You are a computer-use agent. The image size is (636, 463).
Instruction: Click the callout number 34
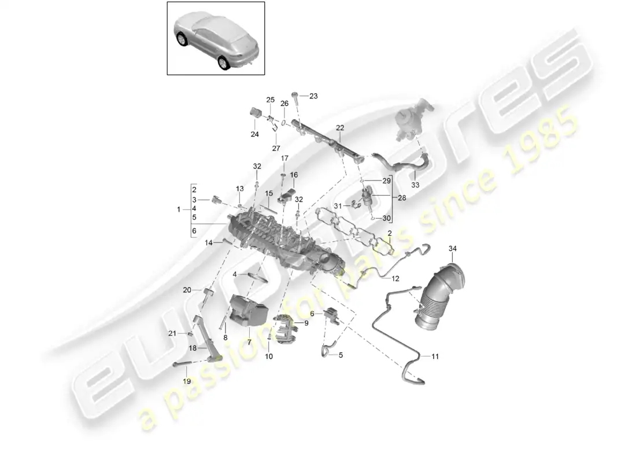[x=453, y=248]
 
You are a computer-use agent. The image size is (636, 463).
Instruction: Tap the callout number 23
[x=313, y=96]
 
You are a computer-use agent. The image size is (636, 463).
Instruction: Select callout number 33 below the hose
[x=415, y=185]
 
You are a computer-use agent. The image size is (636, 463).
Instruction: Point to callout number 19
[x=187, y=381]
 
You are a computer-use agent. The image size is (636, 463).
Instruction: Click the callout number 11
[x=435, y=357]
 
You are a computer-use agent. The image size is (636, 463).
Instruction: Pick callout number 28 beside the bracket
[x=402, y=198]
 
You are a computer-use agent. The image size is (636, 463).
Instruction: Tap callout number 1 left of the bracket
[x=179, y=210]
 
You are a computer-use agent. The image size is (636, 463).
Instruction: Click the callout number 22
[x=340, y=128]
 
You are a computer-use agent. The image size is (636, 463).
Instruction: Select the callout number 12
[x=395, y=278]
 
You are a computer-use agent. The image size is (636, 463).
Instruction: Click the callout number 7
[x=249, y=343]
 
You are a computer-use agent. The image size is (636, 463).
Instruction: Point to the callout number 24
[x=255, y=134]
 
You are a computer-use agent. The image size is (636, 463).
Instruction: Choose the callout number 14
[x=209, y=243]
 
